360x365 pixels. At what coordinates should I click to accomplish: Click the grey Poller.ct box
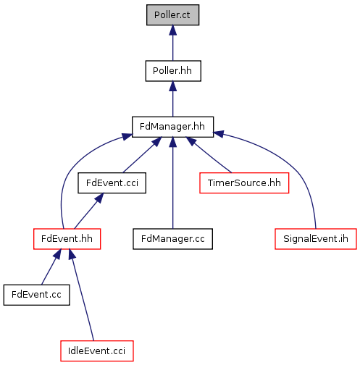pos(172,14)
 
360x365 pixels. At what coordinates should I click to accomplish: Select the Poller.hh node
pos(173,71)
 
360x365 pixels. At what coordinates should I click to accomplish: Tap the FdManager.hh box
pos(172,127)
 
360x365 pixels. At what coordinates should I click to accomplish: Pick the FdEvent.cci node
pos(112,183)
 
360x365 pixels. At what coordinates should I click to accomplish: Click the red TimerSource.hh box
pos(244,183)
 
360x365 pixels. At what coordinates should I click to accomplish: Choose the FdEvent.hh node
pos(67,239)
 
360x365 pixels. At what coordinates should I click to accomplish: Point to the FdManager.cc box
pos(172,239)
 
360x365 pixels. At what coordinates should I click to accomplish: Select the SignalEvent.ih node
pos(316,239)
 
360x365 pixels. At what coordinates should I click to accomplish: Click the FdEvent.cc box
pos(36,295)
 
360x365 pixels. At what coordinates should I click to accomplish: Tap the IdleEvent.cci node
pos(97,351)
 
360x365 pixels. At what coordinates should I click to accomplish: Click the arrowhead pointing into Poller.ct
pos(172,30)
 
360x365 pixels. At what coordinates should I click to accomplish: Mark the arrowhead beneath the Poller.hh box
pos(172,86)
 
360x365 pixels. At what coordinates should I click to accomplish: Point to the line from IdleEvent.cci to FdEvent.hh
pos(83,295)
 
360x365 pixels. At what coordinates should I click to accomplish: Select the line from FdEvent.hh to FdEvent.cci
pos(89,211)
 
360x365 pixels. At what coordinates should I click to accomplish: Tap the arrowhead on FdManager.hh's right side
pos(219,133)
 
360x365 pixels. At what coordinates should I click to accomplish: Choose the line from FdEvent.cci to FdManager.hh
pos(142,155)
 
